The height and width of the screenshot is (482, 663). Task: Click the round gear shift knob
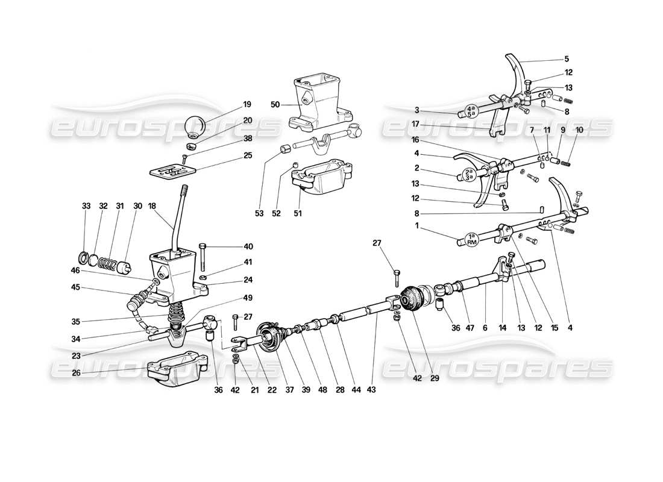[194, 126]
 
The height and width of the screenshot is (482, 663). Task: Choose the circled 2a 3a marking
[469, 175]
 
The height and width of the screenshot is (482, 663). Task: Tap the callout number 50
[275, 104]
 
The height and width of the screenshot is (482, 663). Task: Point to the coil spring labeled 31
[107, 263]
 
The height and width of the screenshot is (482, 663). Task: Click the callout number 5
[566, 59]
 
